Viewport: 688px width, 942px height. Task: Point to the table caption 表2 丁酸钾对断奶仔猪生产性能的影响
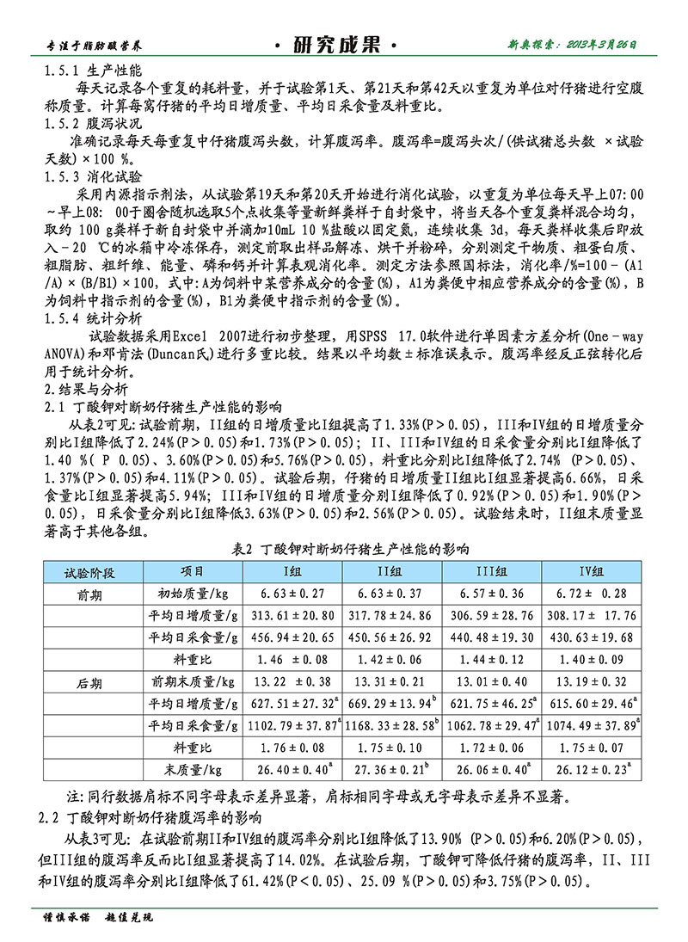point(352,549)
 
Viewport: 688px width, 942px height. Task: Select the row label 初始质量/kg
point(192,594)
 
